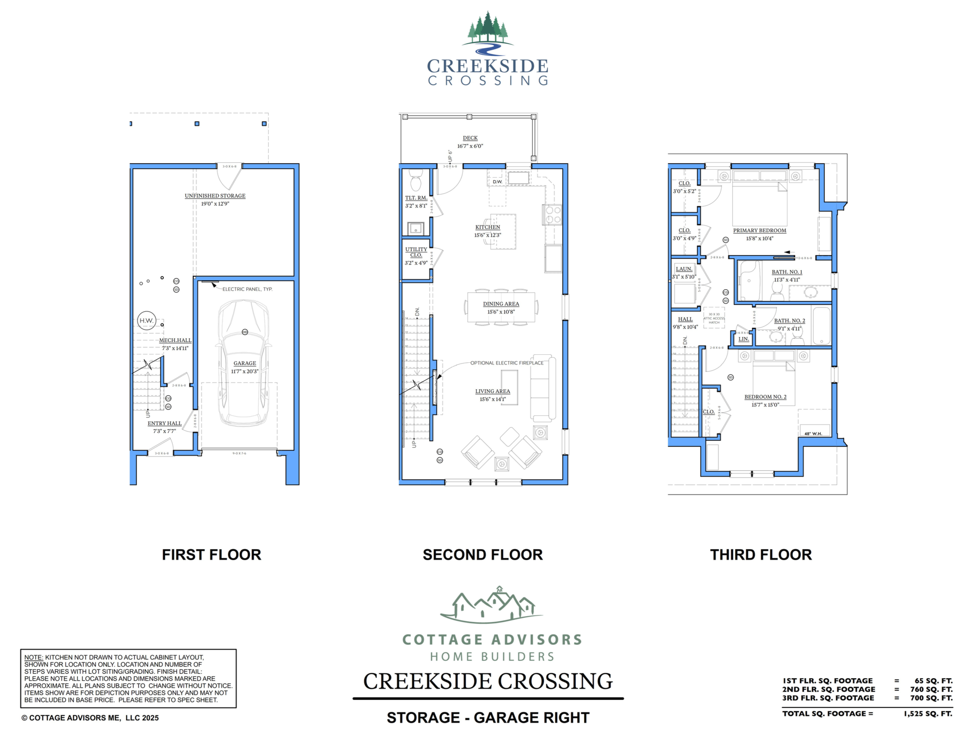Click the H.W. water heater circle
146,320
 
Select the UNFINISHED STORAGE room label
215,196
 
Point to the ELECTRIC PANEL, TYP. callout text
247,289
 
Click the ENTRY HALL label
165,423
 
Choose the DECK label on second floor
470,138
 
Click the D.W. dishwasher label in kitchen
497,182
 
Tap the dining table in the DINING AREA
501,307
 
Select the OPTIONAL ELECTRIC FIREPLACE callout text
507,363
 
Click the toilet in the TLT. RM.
415,181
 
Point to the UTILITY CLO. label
416,252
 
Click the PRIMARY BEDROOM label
759,231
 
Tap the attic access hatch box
714,318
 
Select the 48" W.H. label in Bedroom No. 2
813,433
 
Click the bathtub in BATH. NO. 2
821,326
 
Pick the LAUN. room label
683,269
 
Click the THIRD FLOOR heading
761,555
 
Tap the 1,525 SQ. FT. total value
928,713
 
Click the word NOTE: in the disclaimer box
33,657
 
